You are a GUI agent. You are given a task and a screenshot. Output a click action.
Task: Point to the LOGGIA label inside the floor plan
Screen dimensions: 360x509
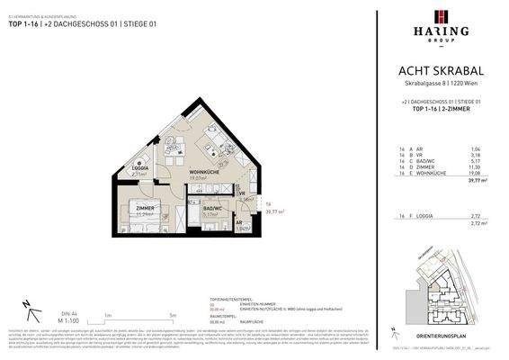140,168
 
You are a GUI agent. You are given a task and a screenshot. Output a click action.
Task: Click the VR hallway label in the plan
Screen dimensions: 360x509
241,193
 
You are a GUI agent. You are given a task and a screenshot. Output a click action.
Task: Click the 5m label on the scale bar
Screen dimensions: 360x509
172,315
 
